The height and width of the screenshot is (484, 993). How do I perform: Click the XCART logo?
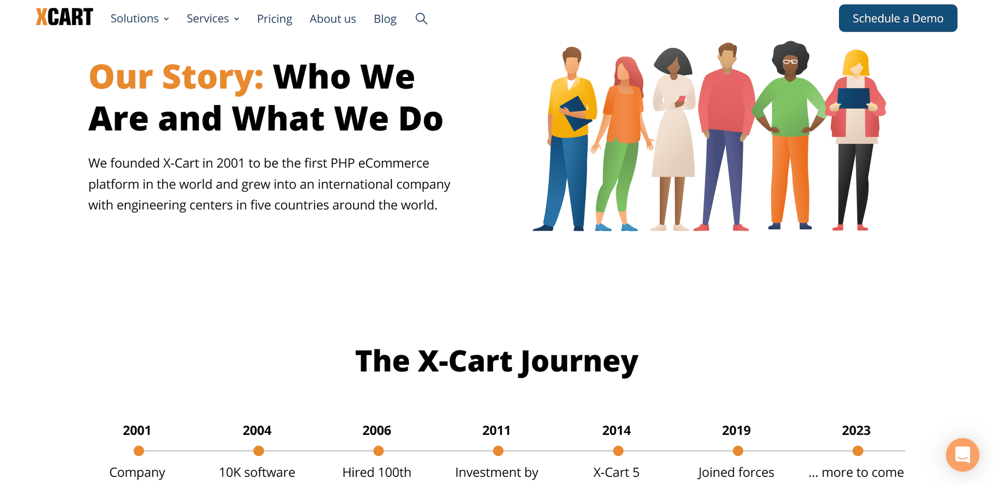point(64,17)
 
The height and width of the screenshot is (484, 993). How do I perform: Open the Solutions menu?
point(140,18)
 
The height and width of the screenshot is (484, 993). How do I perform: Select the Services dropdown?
point(213,18)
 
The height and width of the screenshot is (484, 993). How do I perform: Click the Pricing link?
point(275,19)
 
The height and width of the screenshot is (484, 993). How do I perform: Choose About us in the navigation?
point(333,19)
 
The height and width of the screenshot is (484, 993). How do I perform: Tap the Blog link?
point(385,19)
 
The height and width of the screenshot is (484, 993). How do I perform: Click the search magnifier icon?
point(421,18)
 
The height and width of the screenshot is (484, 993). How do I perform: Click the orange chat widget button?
point(962,455)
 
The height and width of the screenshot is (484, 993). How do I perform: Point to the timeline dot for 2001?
point(138,451)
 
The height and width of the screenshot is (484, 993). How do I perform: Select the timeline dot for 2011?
point(498,451)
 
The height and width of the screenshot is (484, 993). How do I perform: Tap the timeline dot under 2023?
point(858,451)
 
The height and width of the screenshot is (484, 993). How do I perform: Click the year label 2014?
point(616,431)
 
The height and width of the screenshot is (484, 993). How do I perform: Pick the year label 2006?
point(377,431)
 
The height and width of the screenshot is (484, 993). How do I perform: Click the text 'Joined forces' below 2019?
point(736,472)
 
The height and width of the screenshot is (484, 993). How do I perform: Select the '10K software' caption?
point(257,472)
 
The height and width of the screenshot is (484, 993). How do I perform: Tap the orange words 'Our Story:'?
point(176,77)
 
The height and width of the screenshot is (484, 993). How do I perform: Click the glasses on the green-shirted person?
point(790,61)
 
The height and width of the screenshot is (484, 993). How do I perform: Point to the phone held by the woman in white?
point(681,99)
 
